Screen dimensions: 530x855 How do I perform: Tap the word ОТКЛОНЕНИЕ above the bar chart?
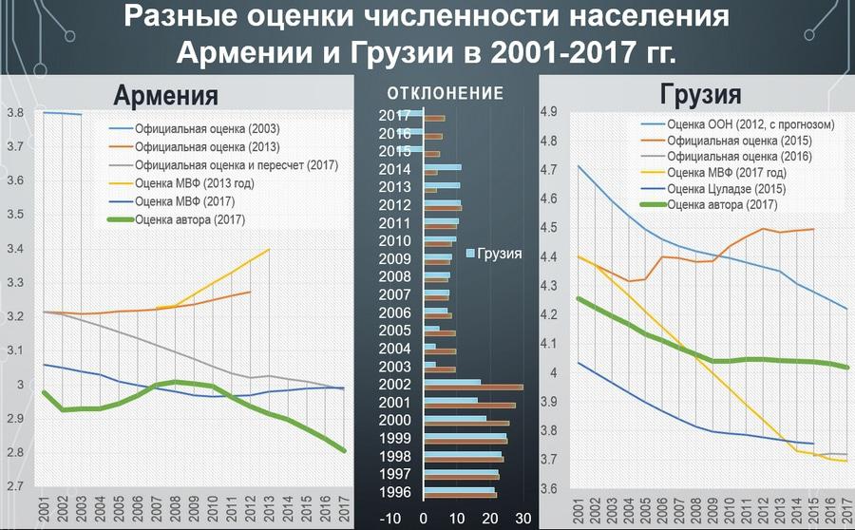(446, 93)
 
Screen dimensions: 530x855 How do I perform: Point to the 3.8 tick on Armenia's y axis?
(14, 113)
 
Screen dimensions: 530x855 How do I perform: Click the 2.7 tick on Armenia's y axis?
(14, 486)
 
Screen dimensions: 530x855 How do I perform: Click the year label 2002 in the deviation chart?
(394, 385)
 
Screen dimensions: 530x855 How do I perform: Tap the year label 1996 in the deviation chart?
(394, 492)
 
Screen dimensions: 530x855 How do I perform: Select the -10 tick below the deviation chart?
(389, 519)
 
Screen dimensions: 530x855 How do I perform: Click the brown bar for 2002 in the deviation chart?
(473, 388)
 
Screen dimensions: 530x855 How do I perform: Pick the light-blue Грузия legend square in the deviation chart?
(469, 254)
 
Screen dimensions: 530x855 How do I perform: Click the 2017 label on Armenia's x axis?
(343, 507)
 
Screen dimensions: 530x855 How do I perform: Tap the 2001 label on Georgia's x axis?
(581, 507)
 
